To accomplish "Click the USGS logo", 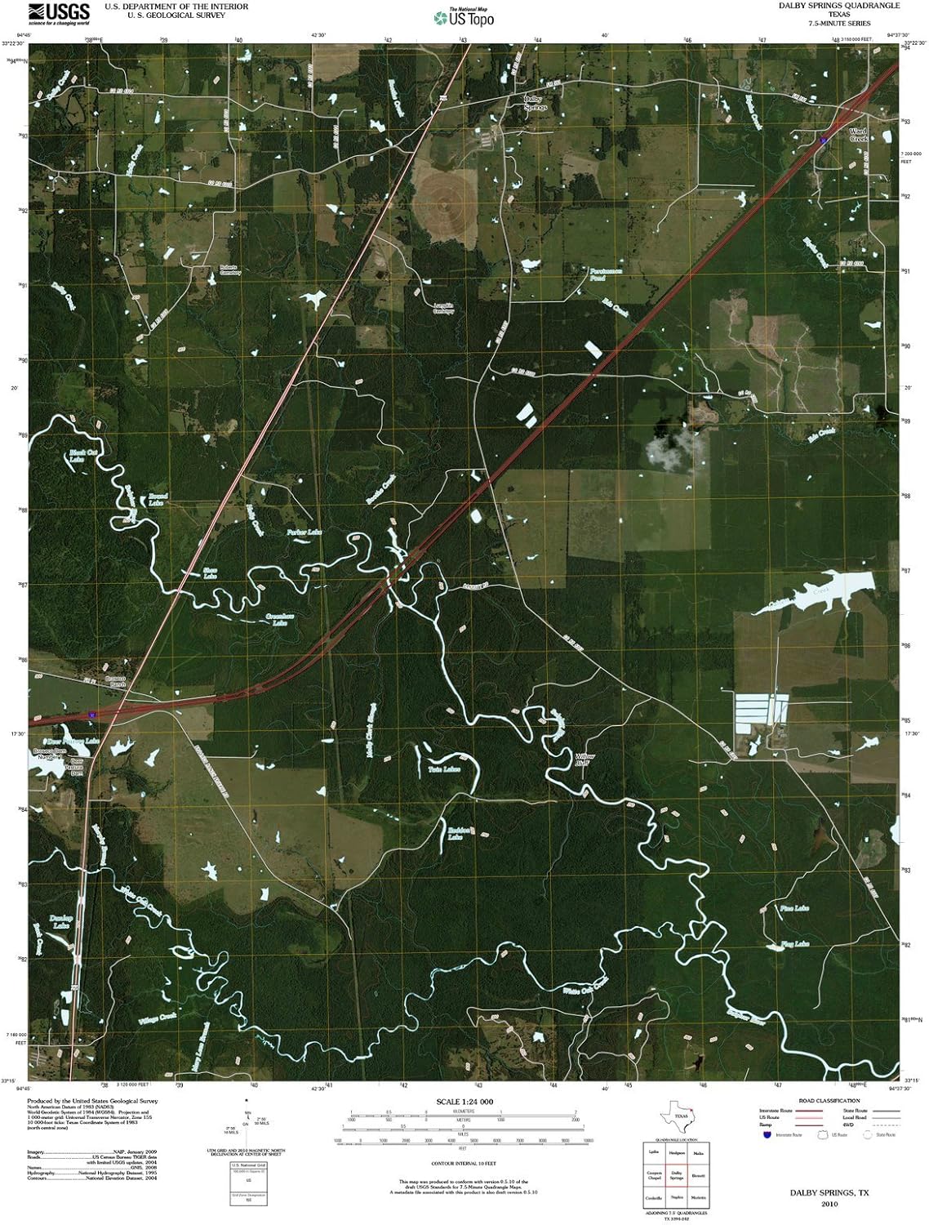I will (59, 13).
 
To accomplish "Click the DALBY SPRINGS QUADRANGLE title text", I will (827, 6).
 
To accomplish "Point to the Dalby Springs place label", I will (535, 103).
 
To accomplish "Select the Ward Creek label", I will (858, 135).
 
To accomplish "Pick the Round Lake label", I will (157, 499).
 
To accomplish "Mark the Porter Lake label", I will (304, 532).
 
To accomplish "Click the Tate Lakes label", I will (445, 769).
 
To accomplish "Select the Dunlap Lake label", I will (61, 921).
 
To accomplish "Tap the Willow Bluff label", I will (585, 759).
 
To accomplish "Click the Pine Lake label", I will (794, 908).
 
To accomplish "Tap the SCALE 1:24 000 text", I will (464, 1102).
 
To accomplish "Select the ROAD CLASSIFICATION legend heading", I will (829, 1101).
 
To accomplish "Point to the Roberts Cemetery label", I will (230, 270).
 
